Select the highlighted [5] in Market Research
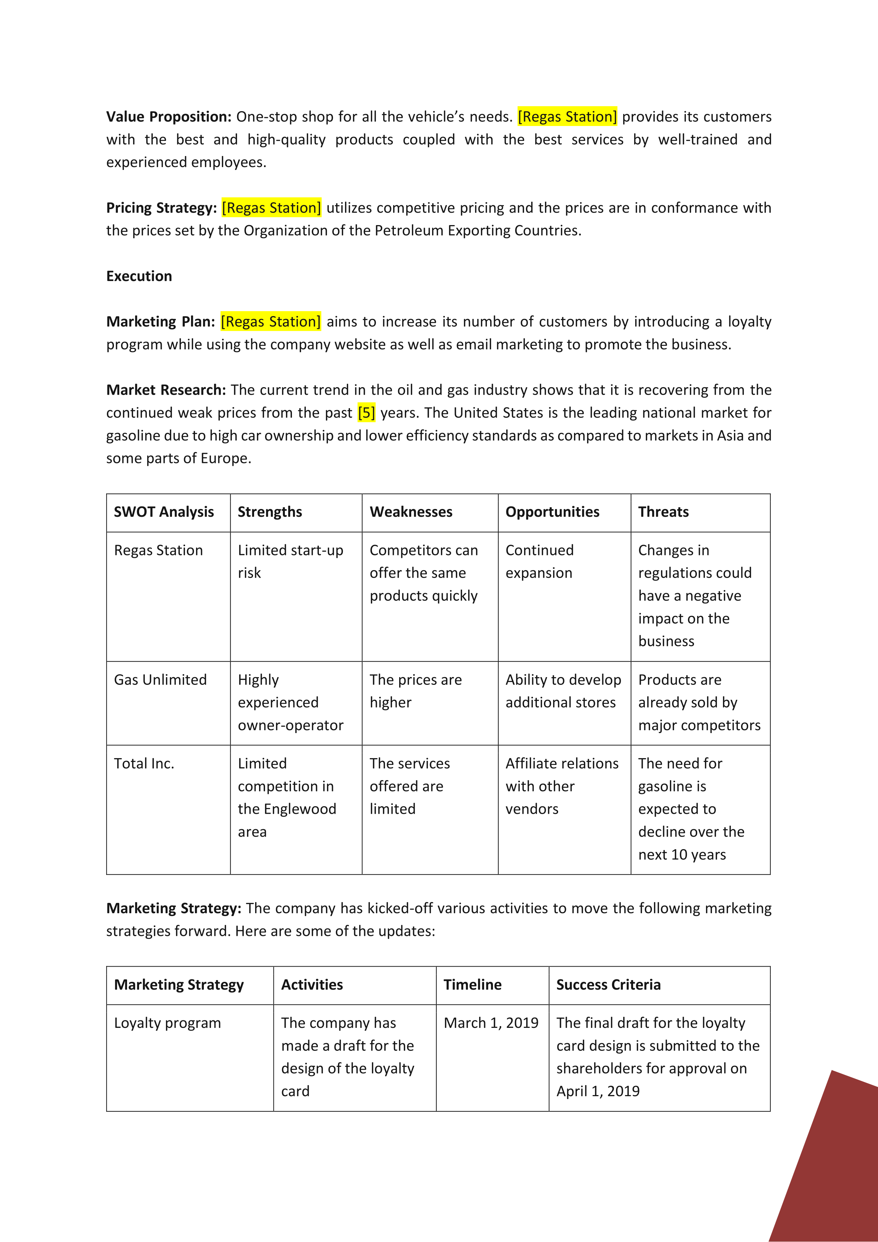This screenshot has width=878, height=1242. (x=366, y=413)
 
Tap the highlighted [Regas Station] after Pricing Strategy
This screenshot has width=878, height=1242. (x=271, y=208)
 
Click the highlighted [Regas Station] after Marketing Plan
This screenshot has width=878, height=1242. (x=270, y=321)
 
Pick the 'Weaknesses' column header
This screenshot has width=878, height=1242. (x=411, y=512)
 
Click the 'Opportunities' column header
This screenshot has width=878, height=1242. (x=552, y=512)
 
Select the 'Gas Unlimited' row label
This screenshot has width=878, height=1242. (x=160, y=680)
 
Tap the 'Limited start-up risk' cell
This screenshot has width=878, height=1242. (x=291, y=561)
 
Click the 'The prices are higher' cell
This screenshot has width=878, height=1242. (x=415, y=691)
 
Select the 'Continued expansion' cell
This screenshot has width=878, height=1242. (x=539, y=561)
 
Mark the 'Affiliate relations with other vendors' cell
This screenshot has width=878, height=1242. (x=562, y=786)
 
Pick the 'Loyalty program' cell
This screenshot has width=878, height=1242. (x=167, y=1023)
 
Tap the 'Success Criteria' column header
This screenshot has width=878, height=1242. (x=608, y=985)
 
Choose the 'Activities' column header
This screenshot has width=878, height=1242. (x=312, y=985)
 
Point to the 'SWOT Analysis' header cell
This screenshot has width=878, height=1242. (x=164, y=512)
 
